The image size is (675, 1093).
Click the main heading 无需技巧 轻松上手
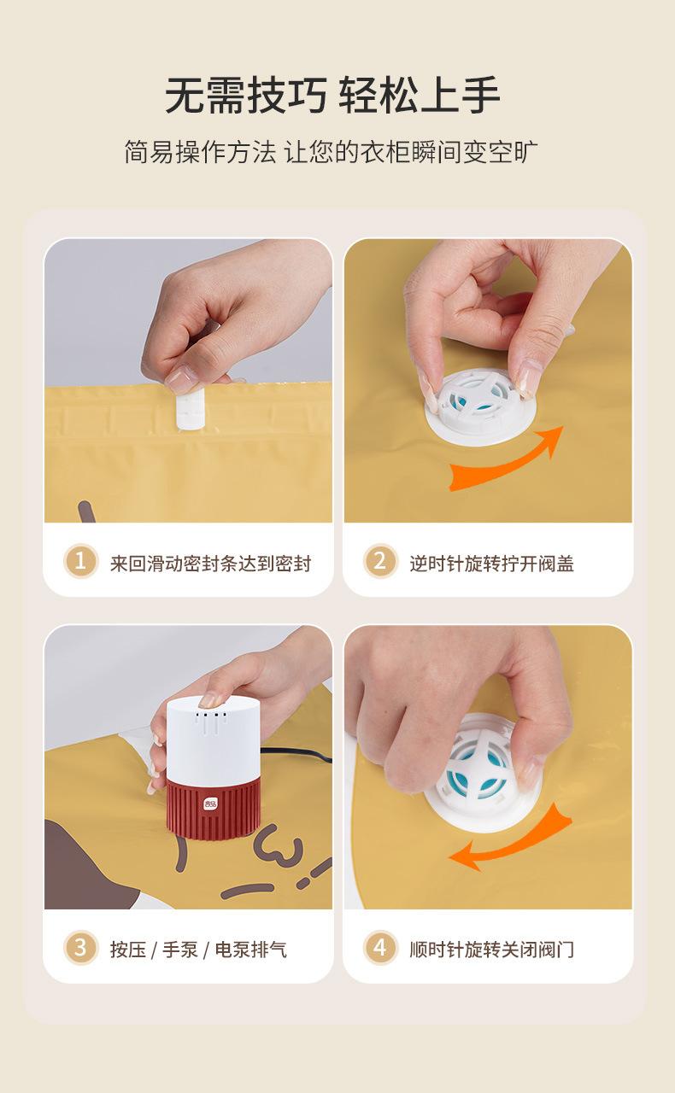tap(332, 95)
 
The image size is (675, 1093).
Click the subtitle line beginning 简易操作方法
tap(331, 152)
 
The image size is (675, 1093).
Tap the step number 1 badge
tap(80, 561)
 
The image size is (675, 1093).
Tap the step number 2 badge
tap(380, 561)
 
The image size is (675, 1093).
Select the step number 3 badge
tap(80, 948)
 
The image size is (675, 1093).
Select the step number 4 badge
tap(380, 948)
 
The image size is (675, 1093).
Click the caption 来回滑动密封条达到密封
tap(210, 563)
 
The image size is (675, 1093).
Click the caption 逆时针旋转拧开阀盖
tap(492, 563)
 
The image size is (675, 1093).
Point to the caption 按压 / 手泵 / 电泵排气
tap(198, 950)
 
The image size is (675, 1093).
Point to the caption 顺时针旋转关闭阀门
tap(492, 950)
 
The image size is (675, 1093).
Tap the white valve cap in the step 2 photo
tap(479, 407)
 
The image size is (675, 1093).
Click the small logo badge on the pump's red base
tap(211, 804)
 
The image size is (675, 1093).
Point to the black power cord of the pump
tap(295, 754)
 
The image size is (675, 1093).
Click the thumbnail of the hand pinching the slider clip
tap(189, 381)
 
